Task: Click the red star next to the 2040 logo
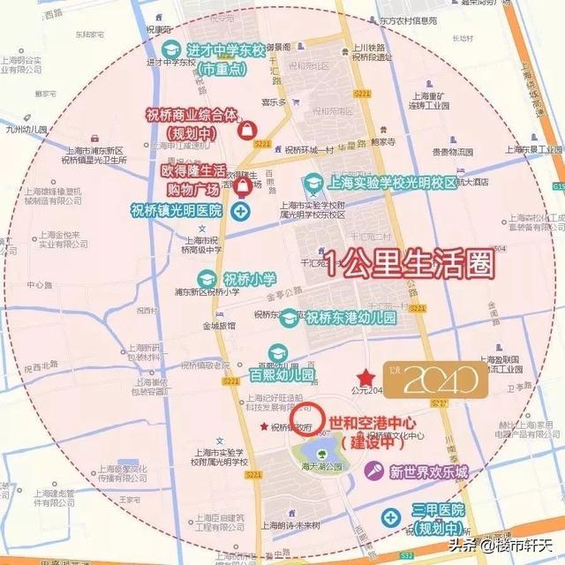pyautogui.click(x=365, y=377)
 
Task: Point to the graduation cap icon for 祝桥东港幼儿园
pyautogui.click(x=289, y=319)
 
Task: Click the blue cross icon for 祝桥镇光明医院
pyautogui.click(x=240, y=212)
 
